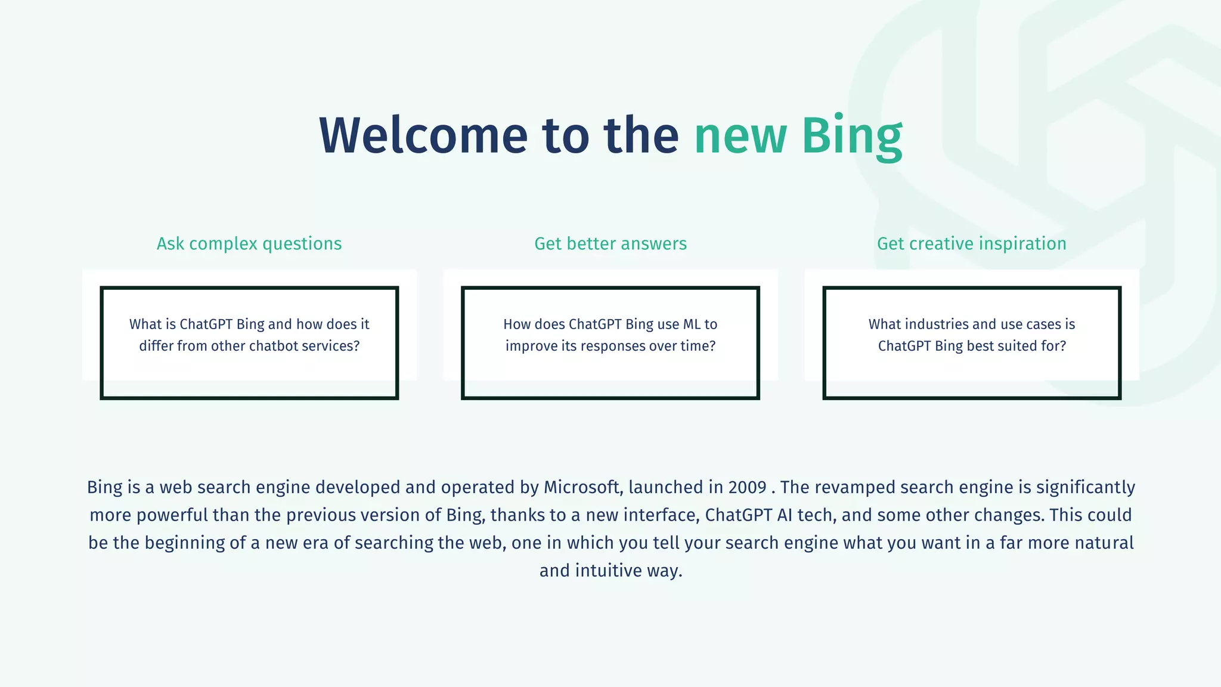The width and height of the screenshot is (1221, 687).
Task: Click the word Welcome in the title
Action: (x=423, y=135)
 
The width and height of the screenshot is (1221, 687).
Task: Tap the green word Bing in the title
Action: (x=851, y=135)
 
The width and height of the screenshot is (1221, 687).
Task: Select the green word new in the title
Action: (x=740, y=137)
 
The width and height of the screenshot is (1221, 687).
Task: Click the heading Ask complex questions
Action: (x=249, y=243)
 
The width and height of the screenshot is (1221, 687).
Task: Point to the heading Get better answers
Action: (x=610, y=243)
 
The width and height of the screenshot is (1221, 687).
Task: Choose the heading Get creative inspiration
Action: (x=971, y=243)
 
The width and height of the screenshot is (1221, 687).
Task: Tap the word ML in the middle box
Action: (x=692, y=324)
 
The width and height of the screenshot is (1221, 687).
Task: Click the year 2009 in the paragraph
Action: (x=747, y=487)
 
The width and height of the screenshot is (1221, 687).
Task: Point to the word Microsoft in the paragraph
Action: (x=582, y=487)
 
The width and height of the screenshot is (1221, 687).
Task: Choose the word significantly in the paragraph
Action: (x=1085, y=487)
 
